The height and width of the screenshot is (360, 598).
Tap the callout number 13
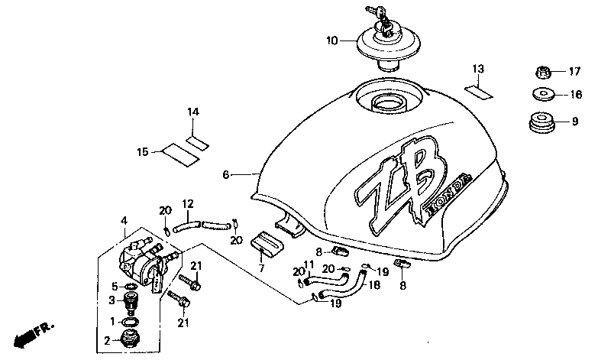[477, 70]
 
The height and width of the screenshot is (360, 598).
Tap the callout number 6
[226, 175]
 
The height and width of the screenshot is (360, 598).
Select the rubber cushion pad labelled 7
[264, 242]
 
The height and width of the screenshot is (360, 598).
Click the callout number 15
[142, 152]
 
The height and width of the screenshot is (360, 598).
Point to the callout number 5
[115, 286]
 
